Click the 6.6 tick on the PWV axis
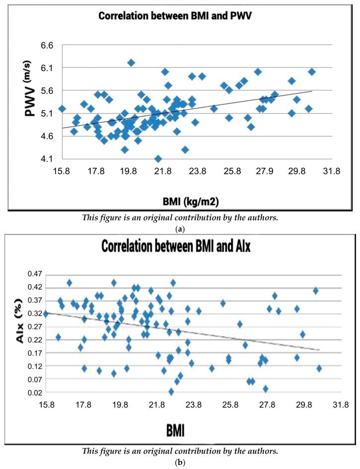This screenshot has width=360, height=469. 47,45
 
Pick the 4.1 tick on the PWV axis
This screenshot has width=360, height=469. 47,159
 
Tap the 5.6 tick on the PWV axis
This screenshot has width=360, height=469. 47,90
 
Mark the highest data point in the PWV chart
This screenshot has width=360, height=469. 131,63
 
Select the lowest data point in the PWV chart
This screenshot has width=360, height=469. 158,159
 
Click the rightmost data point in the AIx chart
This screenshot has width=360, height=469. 319,368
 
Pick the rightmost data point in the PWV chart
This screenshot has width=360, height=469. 312,72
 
